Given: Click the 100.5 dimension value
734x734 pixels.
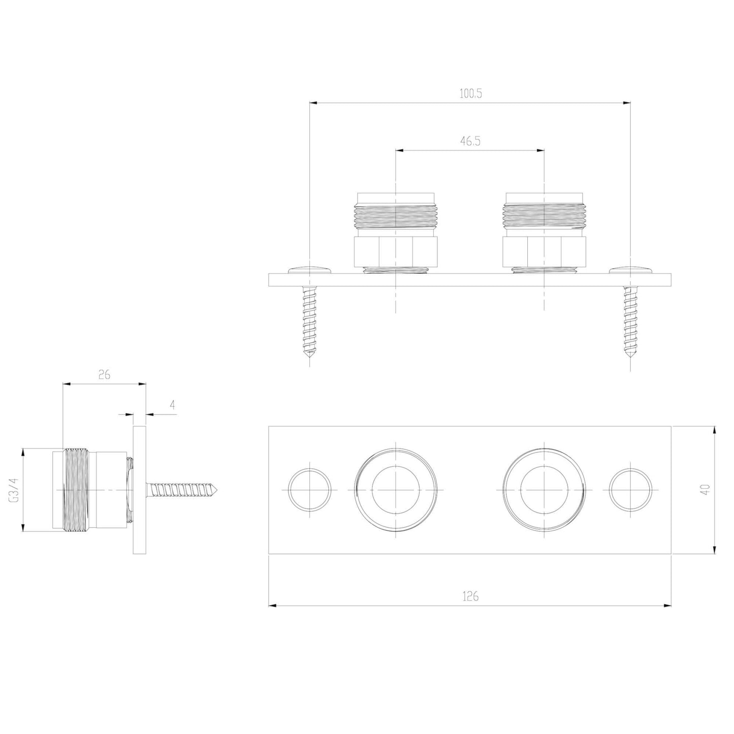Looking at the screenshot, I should click(470, 94).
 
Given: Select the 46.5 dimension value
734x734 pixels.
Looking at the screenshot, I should click(470, 142).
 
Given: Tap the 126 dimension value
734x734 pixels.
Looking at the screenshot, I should click(470, 596).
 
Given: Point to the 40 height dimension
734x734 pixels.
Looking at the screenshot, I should click(705, 490).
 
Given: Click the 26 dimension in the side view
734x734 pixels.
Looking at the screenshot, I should click(104, 375).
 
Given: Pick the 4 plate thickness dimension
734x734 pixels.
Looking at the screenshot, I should click(173, 405).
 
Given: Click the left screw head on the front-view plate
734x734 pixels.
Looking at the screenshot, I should click(309, 269).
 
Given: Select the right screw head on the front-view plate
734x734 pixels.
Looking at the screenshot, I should click(630, 269).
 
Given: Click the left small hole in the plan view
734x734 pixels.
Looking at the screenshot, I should click(309, 490).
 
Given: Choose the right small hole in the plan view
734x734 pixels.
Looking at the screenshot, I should click(630, 490).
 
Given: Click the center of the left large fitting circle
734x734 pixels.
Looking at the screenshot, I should click(395, 490).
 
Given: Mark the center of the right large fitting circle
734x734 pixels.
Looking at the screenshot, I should click(544, 490).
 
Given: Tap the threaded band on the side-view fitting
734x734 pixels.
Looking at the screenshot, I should click(77, 490).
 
